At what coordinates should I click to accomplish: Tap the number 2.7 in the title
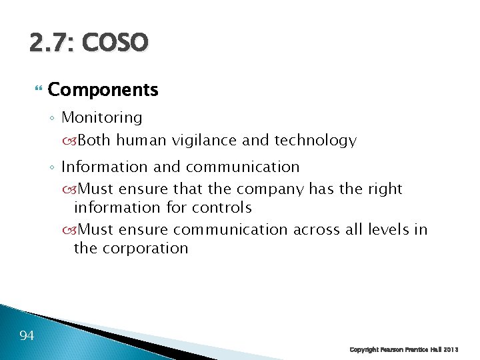(51, 43)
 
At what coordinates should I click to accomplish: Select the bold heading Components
(103, 89)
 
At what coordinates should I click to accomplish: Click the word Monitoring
(102, 118)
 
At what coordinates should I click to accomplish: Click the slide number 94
(27, 335)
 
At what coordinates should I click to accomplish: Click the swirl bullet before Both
(71, 141)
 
